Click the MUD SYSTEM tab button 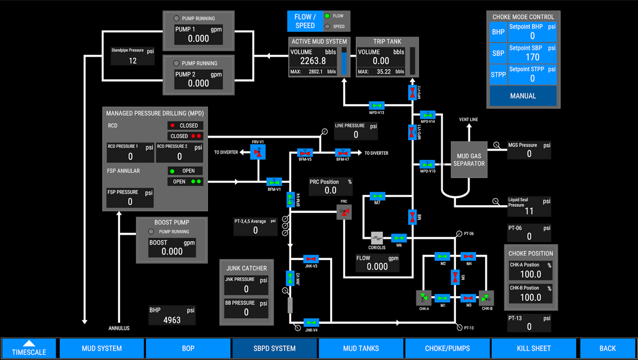coord(102,348)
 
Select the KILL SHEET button coord(533,348)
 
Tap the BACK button coord(607,348)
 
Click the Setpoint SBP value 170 coord(532,57)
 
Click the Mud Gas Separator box coord(469,160)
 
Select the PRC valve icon coord(344,212)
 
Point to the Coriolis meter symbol coord(377,238)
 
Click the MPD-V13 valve coord(377,105)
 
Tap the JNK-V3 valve coord(311,259)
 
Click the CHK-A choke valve coord(424,298)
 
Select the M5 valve coord(455,277)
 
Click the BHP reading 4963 coord(172,320)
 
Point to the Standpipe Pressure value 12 coord(132,60)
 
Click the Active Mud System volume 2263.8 coord(313,61)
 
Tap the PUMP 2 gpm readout coord(198,83)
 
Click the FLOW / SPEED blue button coord(305,21)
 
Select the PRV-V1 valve coord(258,153)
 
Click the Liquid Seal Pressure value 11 coord(529,211)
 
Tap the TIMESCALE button coord(29,348)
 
